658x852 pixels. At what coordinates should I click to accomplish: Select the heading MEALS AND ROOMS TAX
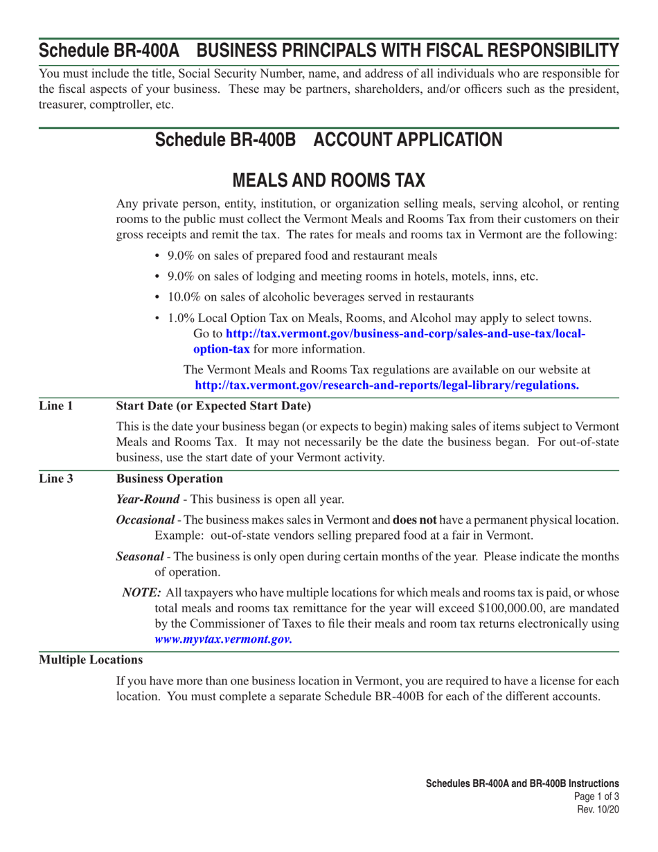(x=328, y=179)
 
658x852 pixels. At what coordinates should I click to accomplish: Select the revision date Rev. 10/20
(x=598, y=808)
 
